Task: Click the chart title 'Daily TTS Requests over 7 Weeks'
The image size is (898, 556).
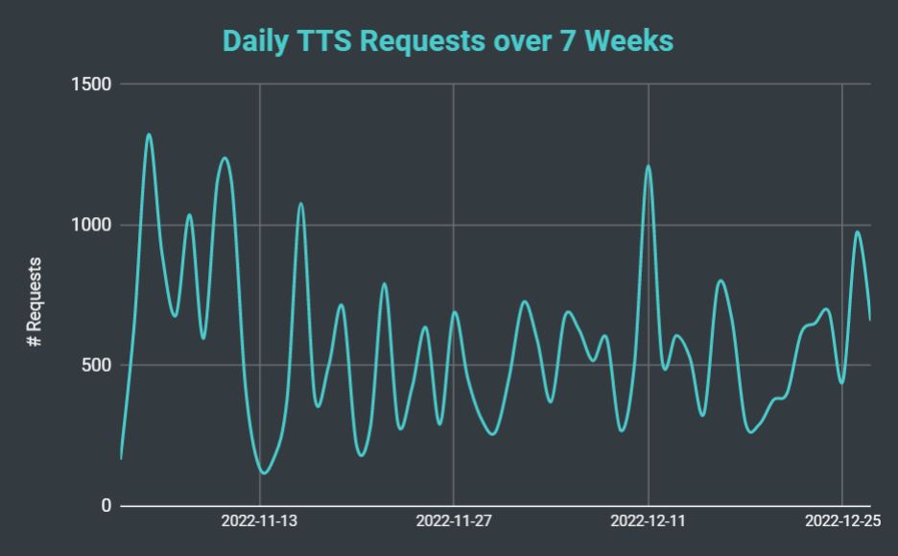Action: tap(448, 41)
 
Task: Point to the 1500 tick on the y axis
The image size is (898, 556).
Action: tap(92, 85)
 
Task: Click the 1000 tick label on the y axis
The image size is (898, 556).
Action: tap(92, 225)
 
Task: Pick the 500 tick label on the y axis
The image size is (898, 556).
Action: tap(97, 366)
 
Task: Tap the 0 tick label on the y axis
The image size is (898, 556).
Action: tap(106, 506)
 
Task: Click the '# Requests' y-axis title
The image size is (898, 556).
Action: tap(35, 302)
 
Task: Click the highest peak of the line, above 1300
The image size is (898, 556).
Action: tap(149, 134)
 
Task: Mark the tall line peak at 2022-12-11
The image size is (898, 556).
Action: tap(649, 166)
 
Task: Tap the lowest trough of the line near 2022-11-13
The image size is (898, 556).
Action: tap(264, 472)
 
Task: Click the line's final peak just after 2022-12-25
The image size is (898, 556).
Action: tap(857, 231)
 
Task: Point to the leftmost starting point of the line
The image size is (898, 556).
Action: tap(121, 458)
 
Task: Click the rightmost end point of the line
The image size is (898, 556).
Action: tap(870, 319)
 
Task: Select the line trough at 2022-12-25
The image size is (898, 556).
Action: tap(841, 383)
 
